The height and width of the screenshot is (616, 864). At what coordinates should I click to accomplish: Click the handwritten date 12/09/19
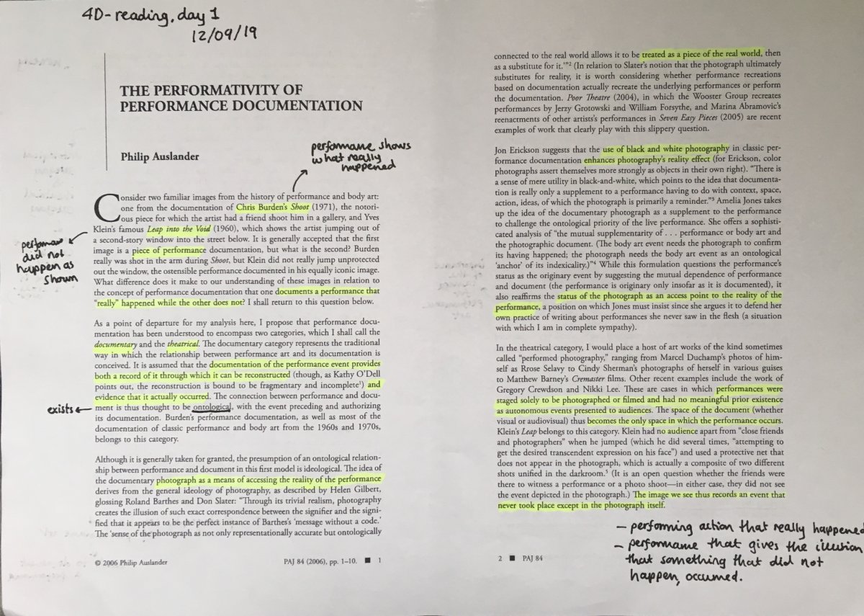[228, 33]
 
